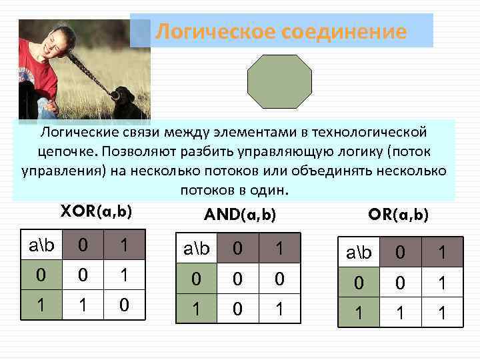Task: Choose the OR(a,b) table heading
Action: point(399,215)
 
